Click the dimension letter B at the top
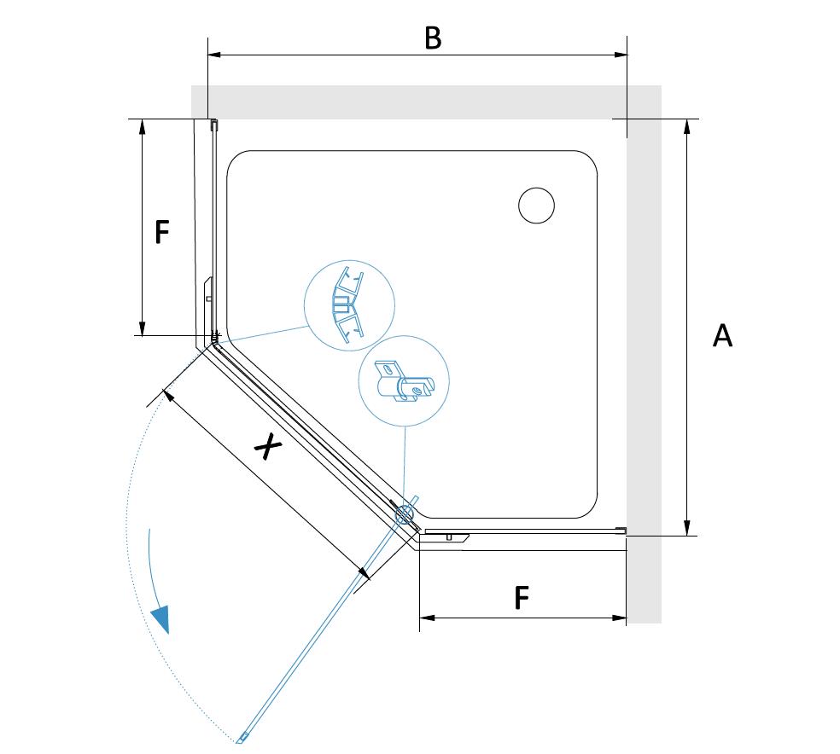[x=433, y=38]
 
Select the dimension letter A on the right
[x=722, y=336]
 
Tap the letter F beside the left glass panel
[x=162, y=232]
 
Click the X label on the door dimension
[x=268, y=445]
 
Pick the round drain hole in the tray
[x=536, y=206]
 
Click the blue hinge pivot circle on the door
[x=403, y=513]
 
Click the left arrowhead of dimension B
[x=213, y=55]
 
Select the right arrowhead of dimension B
[x=621, y=55]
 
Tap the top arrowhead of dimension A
[x=687, y=125]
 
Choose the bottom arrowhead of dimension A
[x=687, y=529]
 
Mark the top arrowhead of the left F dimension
[x=143, y=125]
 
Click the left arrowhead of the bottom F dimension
[x=426, y=618]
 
